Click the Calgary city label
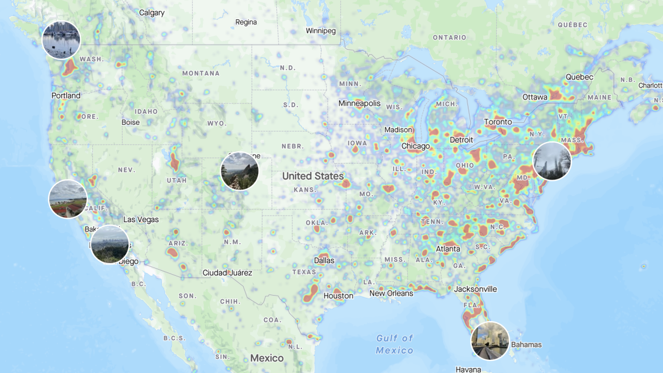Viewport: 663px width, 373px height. pos(151,12)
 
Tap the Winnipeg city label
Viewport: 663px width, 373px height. pos(320,31)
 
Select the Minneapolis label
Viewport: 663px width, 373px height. pos(360,103)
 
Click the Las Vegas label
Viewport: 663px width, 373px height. pos(141,219)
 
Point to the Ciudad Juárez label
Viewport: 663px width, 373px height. pos(227,272)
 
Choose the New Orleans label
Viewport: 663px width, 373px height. pos(391,293)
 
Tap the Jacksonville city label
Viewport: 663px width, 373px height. pos(475,289)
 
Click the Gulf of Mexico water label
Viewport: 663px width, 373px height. pos(394,344)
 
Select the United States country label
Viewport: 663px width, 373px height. pos(313,176)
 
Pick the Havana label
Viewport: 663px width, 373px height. pos(468,369)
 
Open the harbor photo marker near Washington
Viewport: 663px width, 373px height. pos(61,40)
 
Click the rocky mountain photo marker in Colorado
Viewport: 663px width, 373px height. pos(239,171)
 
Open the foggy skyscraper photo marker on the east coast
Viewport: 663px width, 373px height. pos(552,161)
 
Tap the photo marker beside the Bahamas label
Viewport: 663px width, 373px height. pos(490,340)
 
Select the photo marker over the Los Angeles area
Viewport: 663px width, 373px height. pos(110,244)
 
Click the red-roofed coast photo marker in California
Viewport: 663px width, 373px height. pos(68,198)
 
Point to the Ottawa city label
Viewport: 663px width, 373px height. pos(535,97)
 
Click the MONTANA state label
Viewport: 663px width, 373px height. pos(201,73)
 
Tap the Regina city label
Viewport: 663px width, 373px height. pos(246,22)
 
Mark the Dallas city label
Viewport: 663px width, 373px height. pos(324,260)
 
